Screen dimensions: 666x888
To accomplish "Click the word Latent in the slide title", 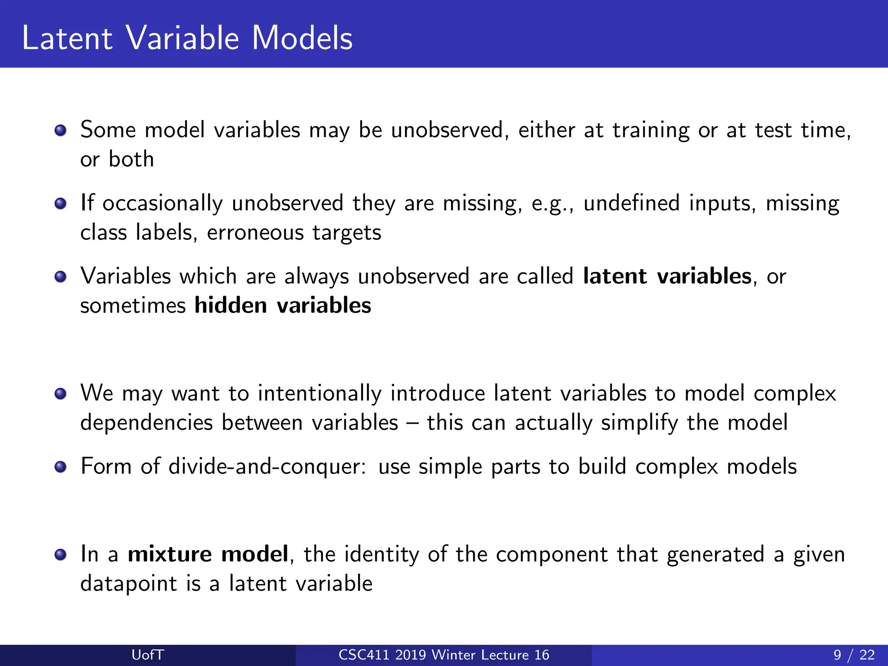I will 67,38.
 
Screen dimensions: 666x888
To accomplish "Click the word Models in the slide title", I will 302,38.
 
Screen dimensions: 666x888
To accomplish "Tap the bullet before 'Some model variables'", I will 61,131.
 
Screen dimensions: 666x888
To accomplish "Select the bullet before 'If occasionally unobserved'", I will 61,203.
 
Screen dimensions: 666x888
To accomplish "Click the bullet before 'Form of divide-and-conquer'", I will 61,467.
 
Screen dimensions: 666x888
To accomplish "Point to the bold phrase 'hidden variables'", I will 283,305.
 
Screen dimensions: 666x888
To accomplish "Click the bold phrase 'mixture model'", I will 208,554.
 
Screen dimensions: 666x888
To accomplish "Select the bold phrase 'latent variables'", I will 667,276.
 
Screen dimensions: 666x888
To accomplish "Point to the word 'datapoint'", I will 129,584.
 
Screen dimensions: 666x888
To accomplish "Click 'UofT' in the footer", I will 148,655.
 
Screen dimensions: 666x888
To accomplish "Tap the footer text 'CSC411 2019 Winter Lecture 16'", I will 444,655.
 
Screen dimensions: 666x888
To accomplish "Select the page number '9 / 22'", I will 854,655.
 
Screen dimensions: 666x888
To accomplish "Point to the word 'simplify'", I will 639,423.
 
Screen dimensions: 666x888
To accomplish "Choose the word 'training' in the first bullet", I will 650,131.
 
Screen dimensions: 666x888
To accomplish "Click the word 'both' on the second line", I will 131,159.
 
